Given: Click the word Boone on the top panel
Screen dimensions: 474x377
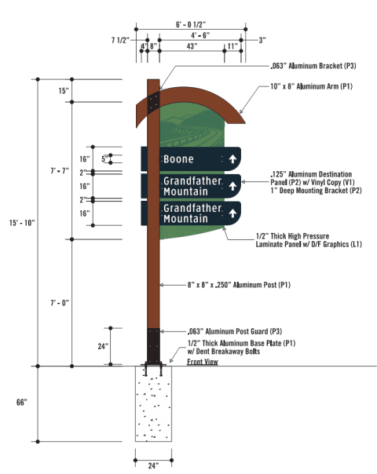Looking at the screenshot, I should [178, 159].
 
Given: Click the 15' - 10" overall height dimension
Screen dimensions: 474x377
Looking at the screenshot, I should [24, 223].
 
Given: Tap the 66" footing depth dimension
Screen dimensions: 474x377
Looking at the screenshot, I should [21, 403].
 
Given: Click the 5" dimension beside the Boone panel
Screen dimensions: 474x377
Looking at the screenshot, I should [104, 159].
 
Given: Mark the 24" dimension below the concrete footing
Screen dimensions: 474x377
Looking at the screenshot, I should [153, 465].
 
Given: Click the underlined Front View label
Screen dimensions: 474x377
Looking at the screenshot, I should [202, 362].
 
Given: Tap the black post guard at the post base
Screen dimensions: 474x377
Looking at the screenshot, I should [154, 344].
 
